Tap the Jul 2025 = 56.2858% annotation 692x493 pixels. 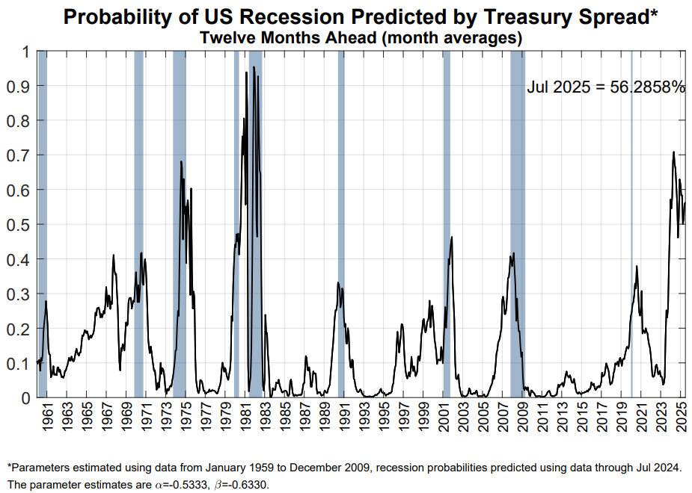606,87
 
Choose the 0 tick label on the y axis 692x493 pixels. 25,398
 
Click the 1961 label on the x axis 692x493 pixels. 46,421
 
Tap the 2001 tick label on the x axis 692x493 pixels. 444,421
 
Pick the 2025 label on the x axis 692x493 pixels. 682,421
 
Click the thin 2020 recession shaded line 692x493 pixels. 631,224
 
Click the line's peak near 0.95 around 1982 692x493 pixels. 254,67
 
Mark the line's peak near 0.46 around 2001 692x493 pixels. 452,238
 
